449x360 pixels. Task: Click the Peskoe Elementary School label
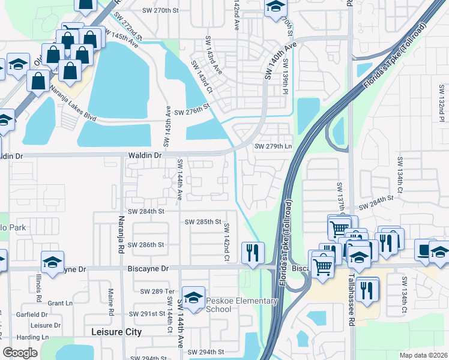click(227, 304)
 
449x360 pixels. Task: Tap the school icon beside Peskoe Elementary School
click(193, 298)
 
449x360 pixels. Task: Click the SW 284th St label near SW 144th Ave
click(145, 211)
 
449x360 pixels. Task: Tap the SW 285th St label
click(203, 221)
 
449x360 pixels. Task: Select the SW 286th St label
click(145, 245)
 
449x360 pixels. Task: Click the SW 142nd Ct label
click(228, 242)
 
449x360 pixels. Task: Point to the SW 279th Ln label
click(273, 146)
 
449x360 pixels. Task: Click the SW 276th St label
click(190, 112)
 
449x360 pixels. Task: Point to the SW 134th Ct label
click(400, 172)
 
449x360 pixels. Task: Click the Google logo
click(20, 353)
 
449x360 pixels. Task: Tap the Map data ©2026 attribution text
click(423, 355)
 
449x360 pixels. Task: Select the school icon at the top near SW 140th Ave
click(276, 7)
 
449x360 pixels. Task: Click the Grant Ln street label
click(60, 303)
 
